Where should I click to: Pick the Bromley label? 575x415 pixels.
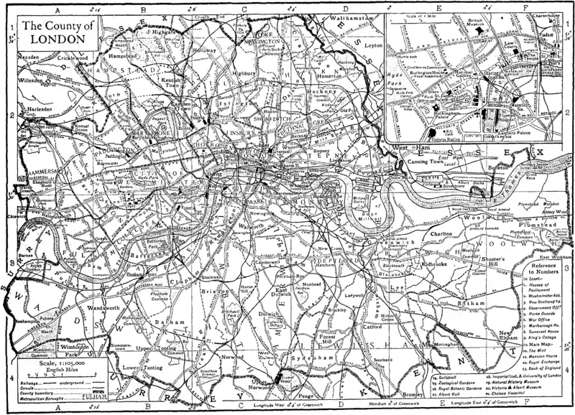pos(415,395)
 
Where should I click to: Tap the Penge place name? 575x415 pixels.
pos(308,395)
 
